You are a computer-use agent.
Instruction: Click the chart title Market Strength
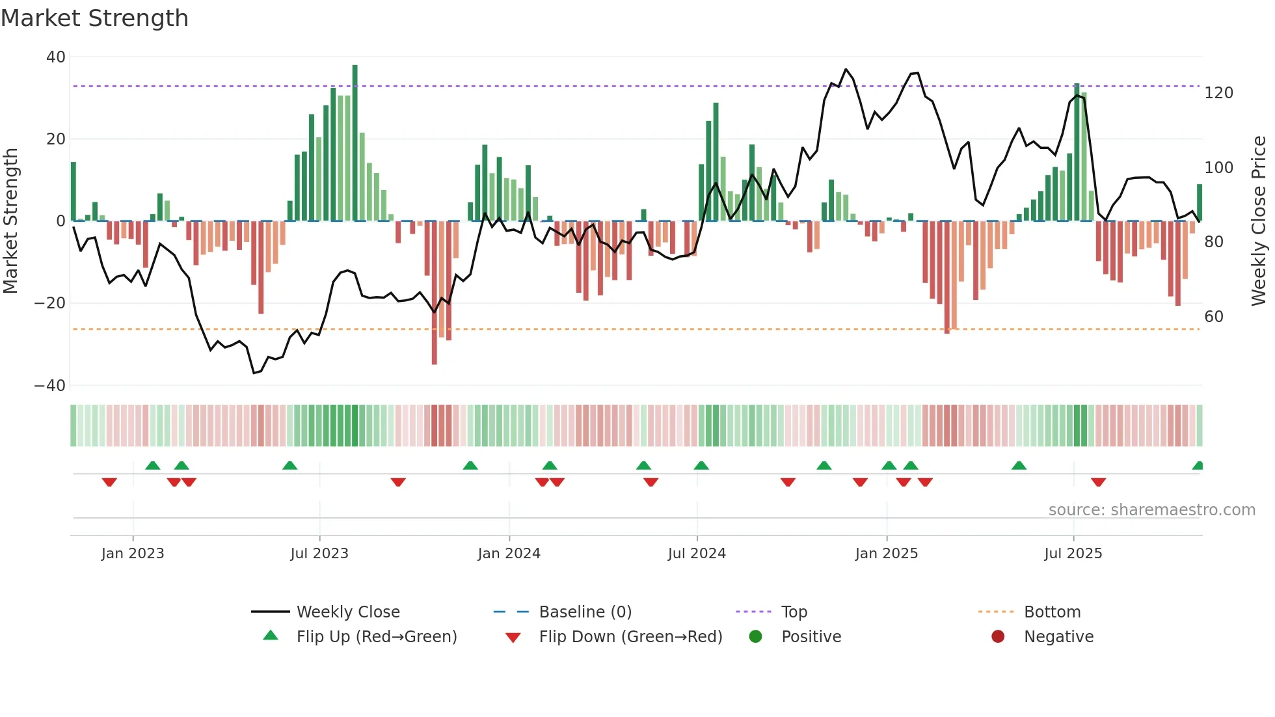coord(94,18)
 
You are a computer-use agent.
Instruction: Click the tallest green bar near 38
coord(355,143)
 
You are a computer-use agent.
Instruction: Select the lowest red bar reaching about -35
coord(434,293)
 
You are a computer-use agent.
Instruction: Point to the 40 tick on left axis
coord(56,57)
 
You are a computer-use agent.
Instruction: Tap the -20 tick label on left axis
coord(50,303)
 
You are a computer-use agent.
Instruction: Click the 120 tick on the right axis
coord(1218,93)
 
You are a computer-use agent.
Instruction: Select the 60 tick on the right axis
coord(1214,317)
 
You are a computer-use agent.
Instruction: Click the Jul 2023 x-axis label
coord(319,554)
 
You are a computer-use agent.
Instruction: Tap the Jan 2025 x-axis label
coord(886,554)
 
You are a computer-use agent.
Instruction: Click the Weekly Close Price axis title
coord(1259,221)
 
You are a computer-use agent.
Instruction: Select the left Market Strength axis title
coord(10,221)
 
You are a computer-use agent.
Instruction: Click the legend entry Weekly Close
coord(348,612)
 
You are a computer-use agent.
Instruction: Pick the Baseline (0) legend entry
coord(585,612)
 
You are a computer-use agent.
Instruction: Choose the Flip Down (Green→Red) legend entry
coord(630,637)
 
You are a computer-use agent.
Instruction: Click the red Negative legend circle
coord(998,636)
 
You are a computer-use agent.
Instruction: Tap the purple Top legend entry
coord(794,612)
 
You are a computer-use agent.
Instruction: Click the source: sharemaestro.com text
coord(1151,510)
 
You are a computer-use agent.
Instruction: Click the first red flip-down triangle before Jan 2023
coord(109,482)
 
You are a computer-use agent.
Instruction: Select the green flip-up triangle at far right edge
coord(1198,466)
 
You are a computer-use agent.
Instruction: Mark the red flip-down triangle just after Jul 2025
coord(1098,482)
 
